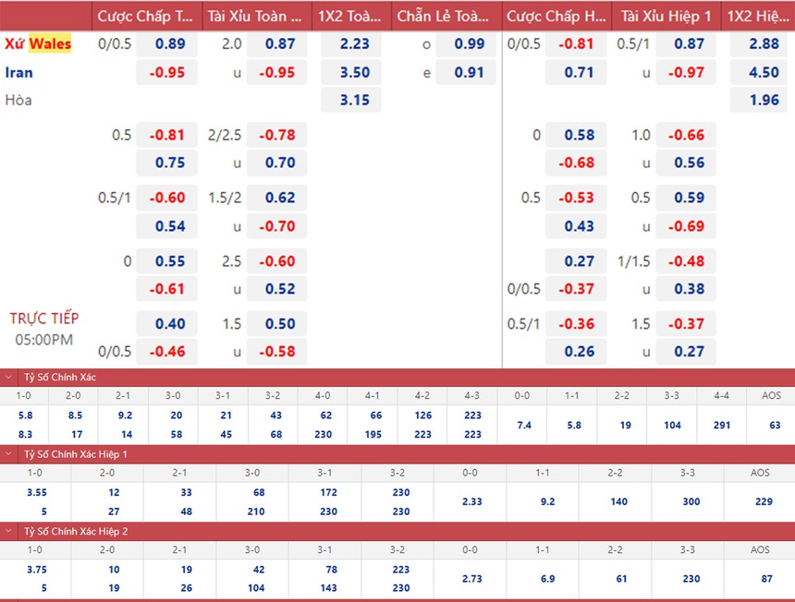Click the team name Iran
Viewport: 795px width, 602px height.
click(x=18, y=72)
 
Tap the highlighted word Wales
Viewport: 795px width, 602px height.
click(x=50, y=43)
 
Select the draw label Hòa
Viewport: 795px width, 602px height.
click(x=18, y=100)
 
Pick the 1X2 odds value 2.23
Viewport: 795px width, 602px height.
click(x=355, y=43)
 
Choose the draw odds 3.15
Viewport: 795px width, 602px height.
click(x=355, y=100)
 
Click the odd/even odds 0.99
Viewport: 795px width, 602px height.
click(x=470, y=43)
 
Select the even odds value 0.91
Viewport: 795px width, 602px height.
click(x=470, y=72)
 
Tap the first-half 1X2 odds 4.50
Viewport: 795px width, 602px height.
click(x=764, y=72)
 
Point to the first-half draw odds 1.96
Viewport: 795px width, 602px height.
click(x=764, y=100)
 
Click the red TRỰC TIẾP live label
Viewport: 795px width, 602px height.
click(x=44, y=318)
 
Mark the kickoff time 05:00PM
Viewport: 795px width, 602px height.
click(x=44, y=339)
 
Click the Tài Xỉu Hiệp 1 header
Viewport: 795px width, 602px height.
click(x=667, y=16)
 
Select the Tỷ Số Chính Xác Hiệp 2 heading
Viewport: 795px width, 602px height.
click(x=75, y=531)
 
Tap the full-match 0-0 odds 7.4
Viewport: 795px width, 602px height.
click(x=521, y=425)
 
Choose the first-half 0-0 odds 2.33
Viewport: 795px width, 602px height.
click(x=470, y=501)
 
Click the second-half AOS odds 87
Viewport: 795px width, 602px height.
click(x=760, y=578)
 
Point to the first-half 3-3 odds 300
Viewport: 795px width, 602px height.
click(x=687, y=501)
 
